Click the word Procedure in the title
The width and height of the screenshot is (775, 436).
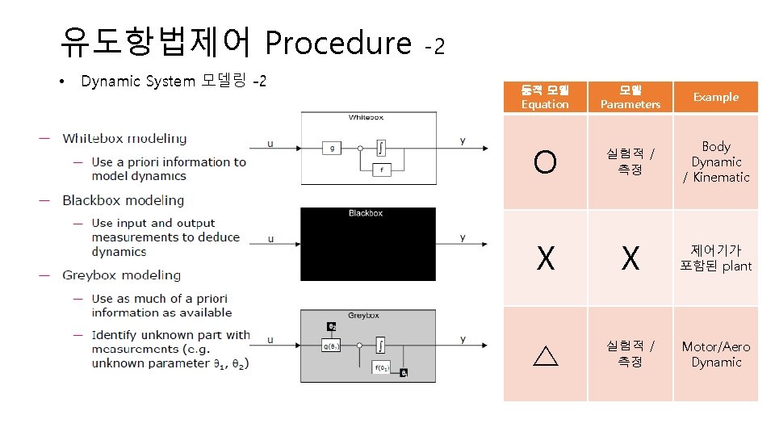(x=337, y=43)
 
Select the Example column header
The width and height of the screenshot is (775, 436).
(x=715, y=97)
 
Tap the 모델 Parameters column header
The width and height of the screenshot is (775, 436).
(x=630, y=97)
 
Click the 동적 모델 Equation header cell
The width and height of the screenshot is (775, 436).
(x=545, y=97)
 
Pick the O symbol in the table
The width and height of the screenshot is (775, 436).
(x=545, y=162)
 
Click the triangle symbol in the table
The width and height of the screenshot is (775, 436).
(x=546, y=354)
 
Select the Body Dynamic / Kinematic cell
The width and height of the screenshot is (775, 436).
(x=716, y=161)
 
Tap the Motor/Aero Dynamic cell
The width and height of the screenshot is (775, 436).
(x=716, y=354)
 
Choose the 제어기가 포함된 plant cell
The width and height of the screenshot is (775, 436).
(x=716, y=258)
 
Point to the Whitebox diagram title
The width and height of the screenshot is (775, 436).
(x=366, y=117)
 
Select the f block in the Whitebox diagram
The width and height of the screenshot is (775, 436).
(x=380, y=170)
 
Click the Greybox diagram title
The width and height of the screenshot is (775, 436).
(x=366, y=316)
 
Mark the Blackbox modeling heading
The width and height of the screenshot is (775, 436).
(x=123, y=200)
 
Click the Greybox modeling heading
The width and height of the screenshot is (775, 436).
(x=121, y=275)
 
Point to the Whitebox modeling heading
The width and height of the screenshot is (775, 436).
(x=124, y=139)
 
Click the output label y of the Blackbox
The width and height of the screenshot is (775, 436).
(x=463, y=237)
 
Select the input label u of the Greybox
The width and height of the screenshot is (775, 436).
(x=270, y=339)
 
